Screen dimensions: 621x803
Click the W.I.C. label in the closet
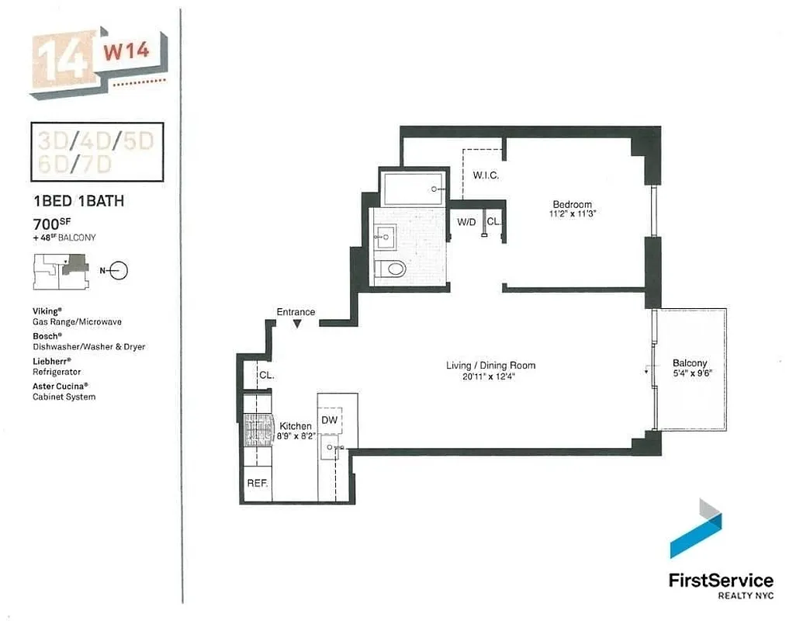[x=486, y=175]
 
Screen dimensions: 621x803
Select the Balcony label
[x=690, y=363]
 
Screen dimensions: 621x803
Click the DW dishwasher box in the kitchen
[x=329, y=420]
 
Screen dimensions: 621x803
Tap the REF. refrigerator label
[x=258, y=483]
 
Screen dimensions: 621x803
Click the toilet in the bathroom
[x=389, y=269]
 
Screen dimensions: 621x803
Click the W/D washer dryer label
[x=466, y=222]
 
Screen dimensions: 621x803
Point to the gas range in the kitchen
[x=257, y=431]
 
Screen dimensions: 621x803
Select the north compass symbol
[x=116, y=271]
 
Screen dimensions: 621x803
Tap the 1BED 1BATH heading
[x=78, y=201]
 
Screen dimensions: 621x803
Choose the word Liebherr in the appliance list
[x=51, y=361]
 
